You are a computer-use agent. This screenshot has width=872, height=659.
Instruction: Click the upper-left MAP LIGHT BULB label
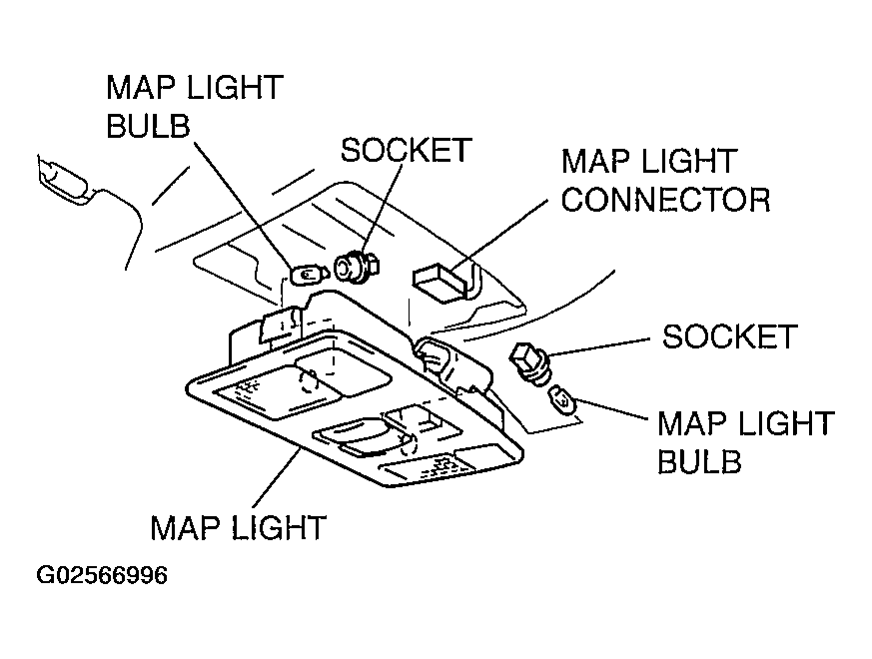point(194,106)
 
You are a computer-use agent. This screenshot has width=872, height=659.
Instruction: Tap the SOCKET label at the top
point(405,150)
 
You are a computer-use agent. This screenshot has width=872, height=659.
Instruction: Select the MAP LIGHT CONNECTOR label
point(665,180)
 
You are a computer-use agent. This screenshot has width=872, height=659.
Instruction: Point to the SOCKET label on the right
point(729,336)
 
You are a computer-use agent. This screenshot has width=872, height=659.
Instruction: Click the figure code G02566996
point(102,577)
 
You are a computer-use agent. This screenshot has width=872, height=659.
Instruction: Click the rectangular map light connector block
point(440,281)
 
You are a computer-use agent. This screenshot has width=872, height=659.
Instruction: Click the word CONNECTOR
point(665,199)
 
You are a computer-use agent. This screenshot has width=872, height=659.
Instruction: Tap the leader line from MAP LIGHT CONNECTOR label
point(499,236)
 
